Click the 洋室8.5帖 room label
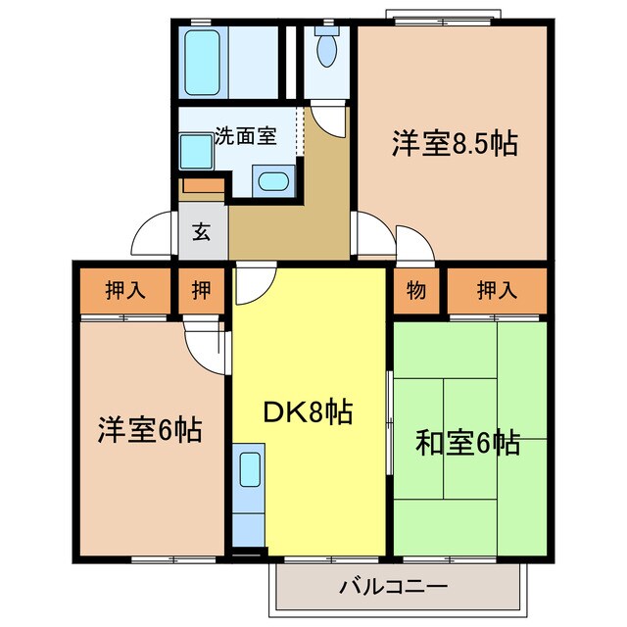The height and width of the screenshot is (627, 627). click(x=455, y=145)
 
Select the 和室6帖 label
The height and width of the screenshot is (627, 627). click(x=467, y=444)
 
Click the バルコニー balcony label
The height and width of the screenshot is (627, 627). click(x=394, y=588)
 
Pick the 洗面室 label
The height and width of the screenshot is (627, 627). click(x=245, y=136)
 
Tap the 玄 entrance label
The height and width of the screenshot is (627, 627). click(x=201, y=232)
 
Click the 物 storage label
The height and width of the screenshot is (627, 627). click(x=415, y=291)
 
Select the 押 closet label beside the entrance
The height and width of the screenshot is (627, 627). click(x=201, y=291)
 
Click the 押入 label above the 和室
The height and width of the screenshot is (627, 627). click(x=497, y=291)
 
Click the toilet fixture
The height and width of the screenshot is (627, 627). click(x=325, y=46)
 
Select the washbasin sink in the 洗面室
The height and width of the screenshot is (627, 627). click(x=271, y=181)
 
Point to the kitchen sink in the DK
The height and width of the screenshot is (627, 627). click(x=249, y=467)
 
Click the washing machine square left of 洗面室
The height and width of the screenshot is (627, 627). click(x=195, y=153)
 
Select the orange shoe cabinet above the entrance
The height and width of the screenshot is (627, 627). click(x=202, y=186)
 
